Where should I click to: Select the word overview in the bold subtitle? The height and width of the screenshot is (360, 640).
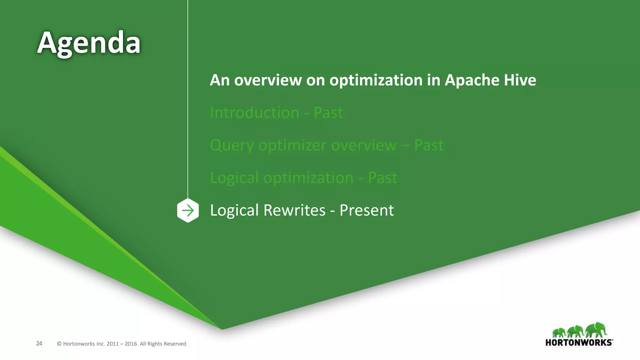(268, 80)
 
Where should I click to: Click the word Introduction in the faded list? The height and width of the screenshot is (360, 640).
(254, 112)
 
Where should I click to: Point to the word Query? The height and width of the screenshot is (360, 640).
(232, 146)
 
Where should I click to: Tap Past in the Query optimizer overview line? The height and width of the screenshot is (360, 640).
(428, 145)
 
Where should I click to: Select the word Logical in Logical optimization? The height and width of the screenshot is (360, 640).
(234, 178)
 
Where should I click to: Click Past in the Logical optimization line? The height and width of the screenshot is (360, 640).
(382, 178)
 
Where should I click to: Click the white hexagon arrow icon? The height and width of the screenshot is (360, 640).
(188, 210)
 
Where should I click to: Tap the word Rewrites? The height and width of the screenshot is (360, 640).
(294, 210)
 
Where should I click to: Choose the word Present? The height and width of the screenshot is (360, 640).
(366, 210)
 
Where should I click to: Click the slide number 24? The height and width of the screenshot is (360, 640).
(39, 343)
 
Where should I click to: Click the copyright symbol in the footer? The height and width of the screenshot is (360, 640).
(59, 344)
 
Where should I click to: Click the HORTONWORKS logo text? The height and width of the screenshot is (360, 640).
(578, 342)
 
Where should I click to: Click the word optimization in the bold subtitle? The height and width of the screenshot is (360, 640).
(376, 80)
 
